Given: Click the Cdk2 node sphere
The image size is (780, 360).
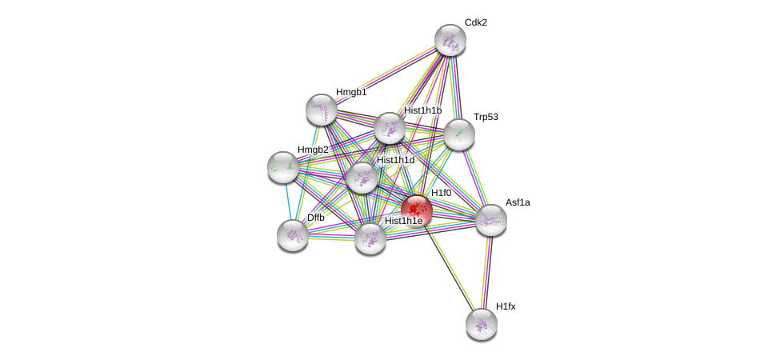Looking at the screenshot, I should tap(450, 40).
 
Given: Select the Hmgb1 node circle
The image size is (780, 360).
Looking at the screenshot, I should tap(322, 110).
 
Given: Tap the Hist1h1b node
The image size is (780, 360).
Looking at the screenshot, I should tap(390, 128).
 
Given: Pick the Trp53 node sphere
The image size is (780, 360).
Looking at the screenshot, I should tap(459, 134).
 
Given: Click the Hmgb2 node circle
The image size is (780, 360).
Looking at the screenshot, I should tap(283, 166).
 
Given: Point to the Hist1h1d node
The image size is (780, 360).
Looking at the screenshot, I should tap(362, 178).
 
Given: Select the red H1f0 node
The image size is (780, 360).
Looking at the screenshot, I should tap(417, 210).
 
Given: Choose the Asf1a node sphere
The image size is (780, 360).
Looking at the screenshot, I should tap(491, 220).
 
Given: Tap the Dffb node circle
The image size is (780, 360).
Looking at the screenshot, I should tap(293, 234).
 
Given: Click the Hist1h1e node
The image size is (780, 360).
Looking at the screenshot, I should tap(370, 238).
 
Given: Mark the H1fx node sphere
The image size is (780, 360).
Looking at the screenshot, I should tap(482, 324).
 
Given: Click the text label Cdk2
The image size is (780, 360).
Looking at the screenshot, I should tap(476, 22).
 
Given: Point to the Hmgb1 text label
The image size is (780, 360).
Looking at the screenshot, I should tap(351, 92).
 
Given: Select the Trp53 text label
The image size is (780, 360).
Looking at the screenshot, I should tap(486, 117).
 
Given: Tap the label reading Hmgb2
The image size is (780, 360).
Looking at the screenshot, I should tap(313, 150).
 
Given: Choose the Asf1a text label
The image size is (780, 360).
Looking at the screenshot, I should tap(518, 202).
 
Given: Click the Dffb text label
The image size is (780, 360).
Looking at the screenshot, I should tap(316, 218).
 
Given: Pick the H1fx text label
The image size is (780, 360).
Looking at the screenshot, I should tap(506, 306).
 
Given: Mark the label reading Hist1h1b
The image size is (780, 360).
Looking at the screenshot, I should tap(422, 110).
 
